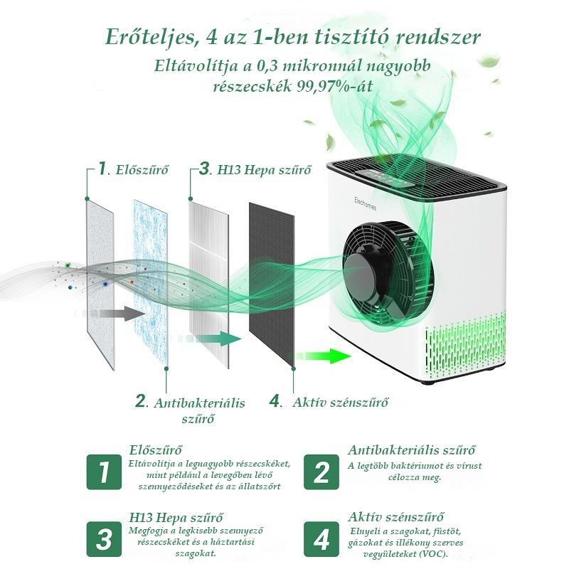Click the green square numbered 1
tap(104, 472)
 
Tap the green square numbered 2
tap(321, 472)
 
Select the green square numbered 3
tap(104, 539)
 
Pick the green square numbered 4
tap(321, 539)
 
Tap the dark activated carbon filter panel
tap(272, 286)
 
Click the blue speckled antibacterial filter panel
tap(151, 282)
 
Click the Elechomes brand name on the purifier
tap(365, 203)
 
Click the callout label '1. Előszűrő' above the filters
tap(133, 169)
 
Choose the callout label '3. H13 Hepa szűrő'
tap(255, 169)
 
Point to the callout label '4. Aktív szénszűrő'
tap(329, 402)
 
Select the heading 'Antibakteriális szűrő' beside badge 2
tap(412, 450)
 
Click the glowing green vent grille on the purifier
tap(465, 346)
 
